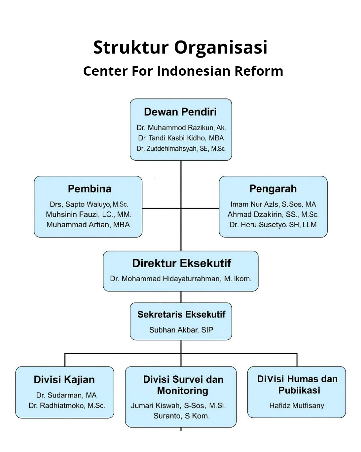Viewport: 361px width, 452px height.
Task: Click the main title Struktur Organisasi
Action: point(180,48)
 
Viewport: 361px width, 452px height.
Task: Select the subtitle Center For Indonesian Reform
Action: point(183,71)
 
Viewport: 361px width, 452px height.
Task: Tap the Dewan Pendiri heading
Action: point(180,112)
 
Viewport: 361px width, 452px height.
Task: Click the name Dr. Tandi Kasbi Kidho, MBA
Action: point(181,138)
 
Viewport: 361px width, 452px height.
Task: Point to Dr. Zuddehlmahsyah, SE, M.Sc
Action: point(180,149)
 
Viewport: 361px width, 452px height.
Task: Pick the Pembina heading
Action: point(90,189)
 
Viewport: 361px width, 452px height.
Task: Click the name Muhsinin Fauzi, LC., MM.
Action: point(89,214)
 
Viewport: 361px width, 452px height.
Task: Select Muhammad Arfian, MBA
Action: point(88,225)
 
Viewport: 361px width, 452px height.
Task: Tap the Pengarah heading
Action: point(273,189)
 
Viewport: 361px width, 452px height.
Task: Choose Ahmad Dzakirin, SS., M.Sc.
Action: point(273,214)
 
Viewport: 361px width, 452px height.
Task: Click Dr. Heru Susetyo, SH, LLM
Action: point(273,225)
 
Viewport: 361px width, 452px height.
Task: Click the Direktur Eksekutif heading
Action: point(182,263)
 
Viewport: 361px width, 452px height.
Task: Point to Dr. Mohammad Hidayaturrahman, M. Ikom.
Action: point(181,279)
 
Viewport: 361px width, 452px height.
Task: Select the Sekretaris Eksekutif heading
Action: point(182,314)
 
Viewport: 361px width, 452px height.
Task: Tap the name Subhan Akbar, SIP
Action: point(181,330)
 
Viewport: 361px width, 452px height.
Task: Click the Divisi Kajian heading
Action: point(64,380)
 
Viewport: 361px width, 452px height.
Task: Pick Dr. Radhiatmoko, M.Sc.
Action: point(67,405)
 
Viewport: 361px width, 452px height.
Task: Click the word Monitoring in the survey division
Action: point(183,391)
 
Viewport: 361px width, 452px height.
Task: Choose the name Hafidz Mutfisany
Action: point(296,405)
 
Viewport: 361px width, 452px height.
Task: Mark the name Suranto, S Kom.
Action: point(182,416)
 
